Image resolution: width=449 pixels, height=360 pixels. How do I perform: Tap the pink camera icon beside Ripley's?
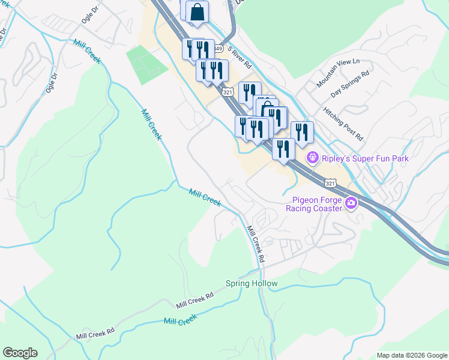pos(312,158)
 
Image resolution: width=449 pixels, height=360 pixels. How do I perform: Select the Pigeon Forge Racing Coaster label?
pos(317,204)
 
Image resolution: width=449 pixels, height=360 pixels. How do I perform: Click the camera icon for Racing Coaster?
pos(351,204)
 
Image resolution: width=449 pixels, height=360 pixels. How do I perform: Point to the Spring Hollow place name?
pos(252,283)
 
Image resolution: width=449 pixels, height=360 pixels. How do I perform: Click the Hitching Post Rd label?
pos(343,124)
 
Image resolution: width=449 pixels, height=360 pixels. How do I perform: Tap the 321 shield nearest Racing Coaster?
pos(331,182)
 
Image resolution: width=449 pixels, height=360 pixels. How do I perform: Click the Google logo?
pos(20,353)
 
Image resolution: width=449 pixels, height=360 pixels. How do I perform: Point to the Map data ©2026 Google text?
pos(412,355)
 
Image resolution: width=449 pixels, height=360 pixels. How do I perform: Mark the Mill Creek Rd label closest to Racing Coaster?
pos(256,243)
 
